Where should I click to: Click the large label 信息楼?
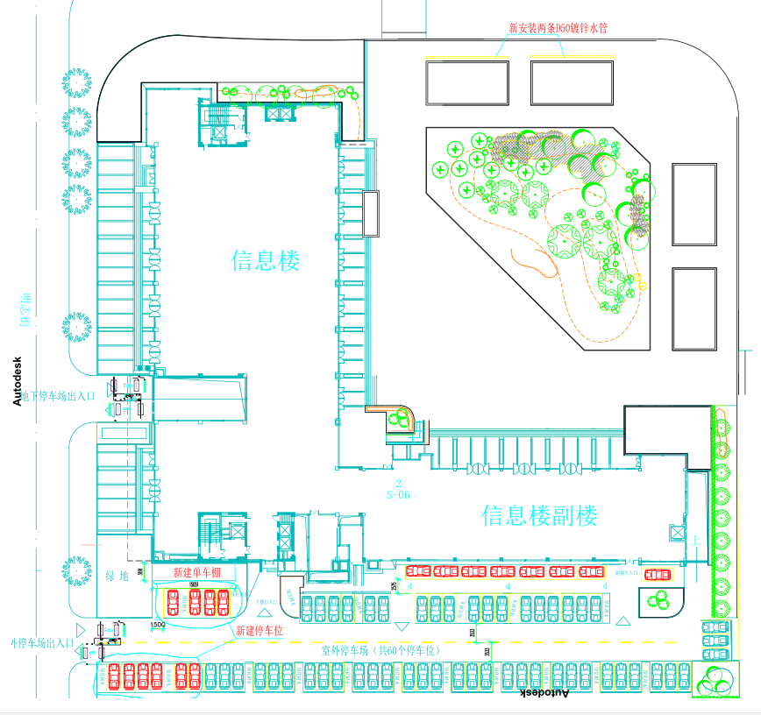[x=266, y=260]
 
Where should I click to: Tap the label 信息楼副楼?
[x=539, y=514]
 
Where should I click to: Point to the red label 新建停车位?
[x=260, y=630]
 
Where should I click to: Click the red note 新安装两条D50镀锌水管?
[x=558, y=27]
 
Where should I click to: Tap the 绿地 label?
[x=117, y=575]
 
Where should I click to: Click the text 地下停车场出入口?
[x=59, y=396]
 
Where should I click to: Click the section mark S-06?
[x=399, y=494]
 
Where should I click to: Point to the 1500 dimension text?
[x=158, y=625]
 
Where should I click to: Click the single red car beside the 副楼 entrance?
[x=657, y=575]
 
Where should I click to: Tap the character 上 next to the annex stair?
[x=695, y=541]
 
